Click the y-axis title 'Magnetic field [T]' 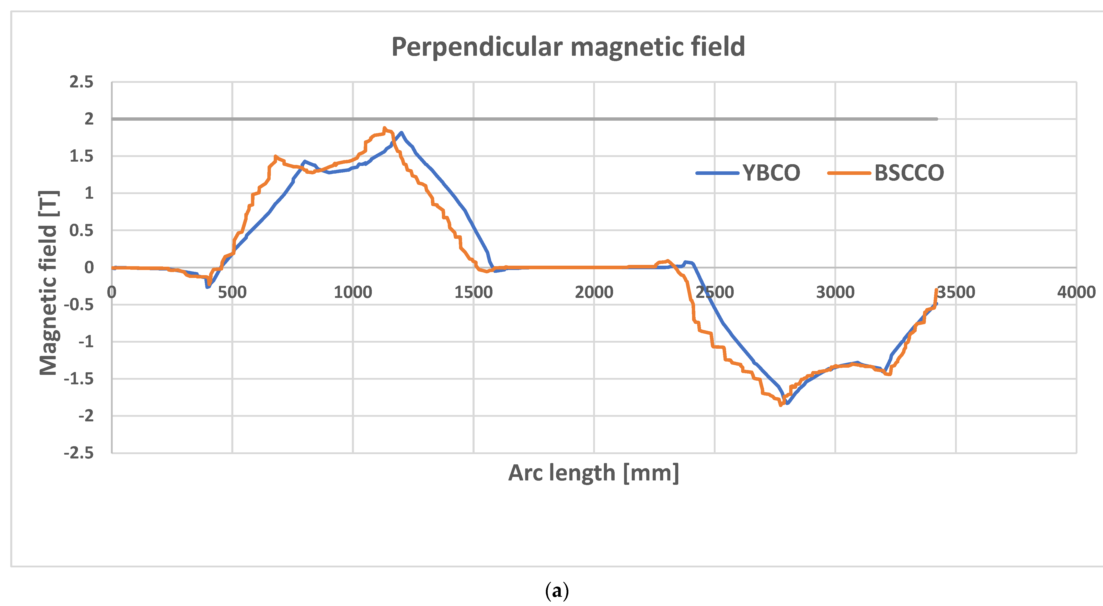(48, 283)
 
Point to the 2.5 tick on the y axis (81, 82)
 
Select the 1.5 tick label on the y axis (81, 156)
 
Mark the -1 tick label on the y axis (86, 342)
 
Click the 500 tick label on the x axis (232, 293)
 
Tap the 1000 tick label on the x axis (353, 293)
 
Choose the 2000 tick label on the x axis (594, 293)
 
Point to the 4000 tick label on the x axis (1076, 293)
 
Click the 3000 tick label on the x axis (835, 293)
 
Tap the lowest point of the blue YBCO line (787, 403)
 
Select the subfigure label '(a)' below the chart (557, 591)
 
